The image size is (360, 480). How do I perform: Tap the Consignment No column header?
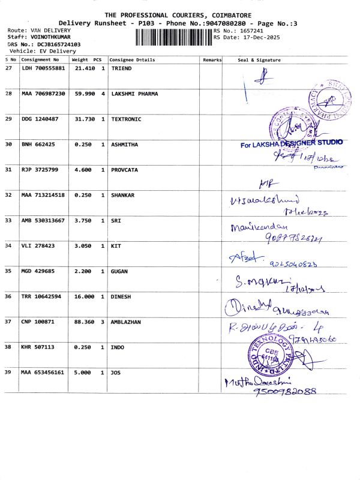[x=40, y=60]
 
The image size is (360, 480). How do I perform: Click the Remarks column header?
[x=212, y=60]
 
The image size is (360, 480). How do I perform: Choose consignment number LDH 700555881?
[x=43, y=68]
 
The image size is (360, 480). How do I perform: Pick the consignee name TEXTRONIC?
[x=126, y=119]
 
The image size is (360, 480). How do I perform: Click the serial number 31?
[x=8, y=170]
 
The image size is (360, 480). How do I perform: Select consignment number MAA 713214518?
[x=43, y=195]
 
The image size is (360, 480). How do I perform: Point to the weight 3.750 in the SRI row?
[x=83, y=220]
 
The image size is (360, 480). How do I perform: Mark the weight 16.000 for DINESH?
[x=83, y=296]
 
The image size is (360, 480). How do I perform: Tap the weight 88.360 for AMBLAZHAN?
[x=83, y=322]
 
